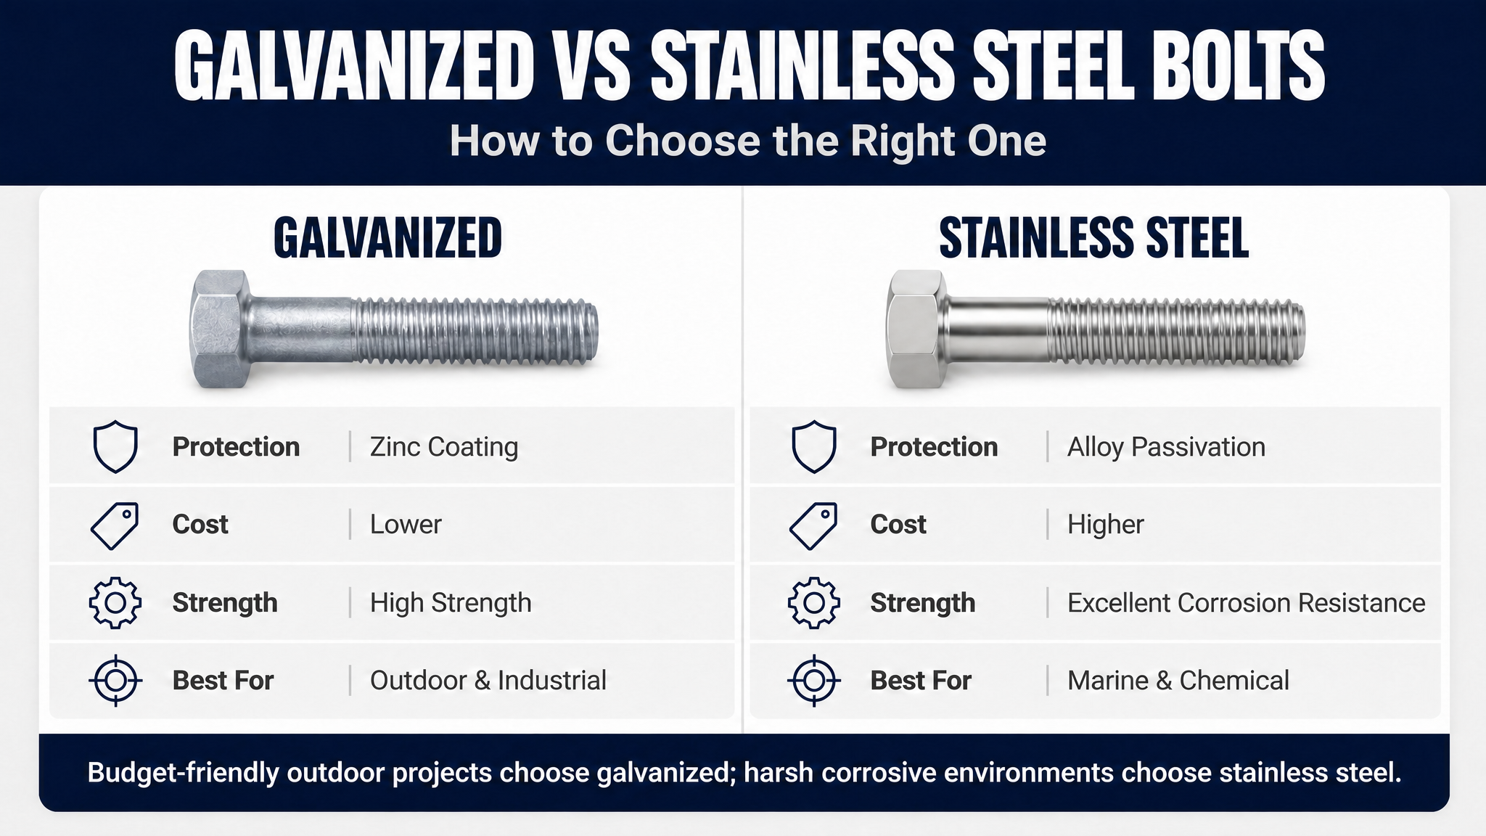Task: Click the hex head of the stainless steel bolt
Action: point(916,329)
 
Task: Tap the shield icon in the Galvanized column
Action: point(115,446)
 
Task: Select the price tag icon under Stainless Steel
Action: point(813,525)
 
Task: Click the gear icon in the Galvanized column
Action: point(115,602)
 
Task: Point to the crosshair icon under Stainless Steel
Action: point(813,681)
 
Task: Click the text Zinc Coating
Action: point(444,447)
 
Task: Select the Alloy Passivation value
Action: point(1166,447)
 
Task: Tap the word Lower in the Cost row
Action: point(406,525)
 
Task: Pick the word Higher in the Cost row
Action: point(1105,525)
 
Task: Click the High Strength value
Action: point(451,603)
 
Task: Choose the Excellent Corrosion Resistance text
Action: point(1246,603)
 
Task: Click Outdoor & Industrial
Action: point(488,681)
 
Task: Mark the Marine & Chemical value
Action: point(1178,681)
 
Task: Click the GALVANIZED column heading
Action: point(387,238)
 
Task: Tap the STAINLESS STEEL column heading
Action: point(1093,238)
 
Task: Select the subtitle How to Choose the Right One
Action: point(747,141)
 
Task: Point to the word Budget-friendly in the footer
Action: point(184,773)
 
